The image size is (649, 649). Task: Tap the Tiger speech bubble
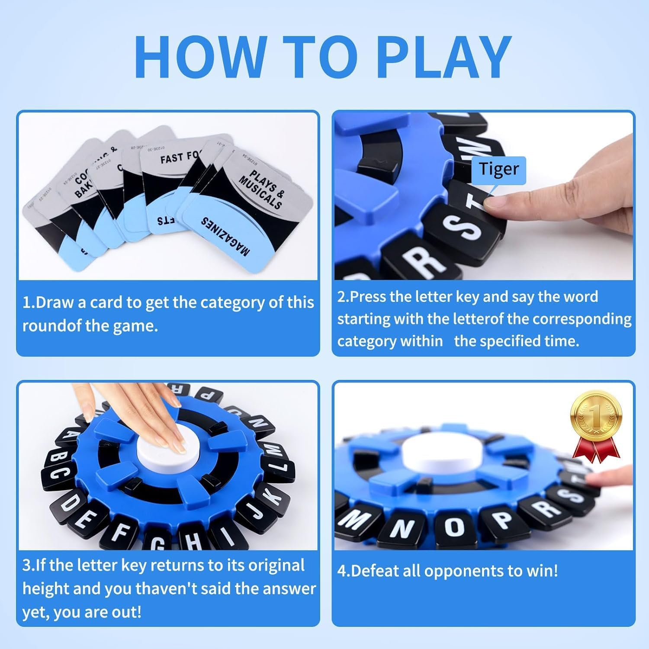click(499, 169)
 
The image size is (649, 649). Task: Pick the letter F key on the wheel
click(119, 534)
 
